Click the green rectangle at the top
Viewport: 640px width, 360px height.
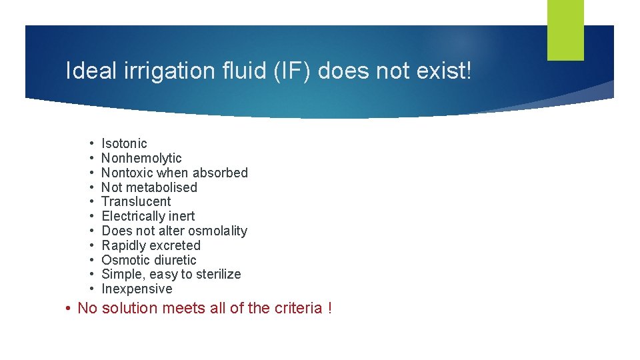(x=565, y=30)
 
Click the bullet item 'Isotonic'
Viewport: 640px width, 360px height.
(x=124, y=143)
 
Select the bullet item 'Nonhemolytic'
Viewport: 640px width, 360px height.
(x=141, y=158)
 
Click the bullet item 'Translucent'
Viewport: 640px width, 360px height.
(x=136, y=201)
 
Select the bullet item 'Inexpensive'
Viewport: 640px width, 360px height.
(x=137, y=289)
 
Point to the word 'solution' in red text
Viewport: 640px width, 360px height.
(x=128, y=308)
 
